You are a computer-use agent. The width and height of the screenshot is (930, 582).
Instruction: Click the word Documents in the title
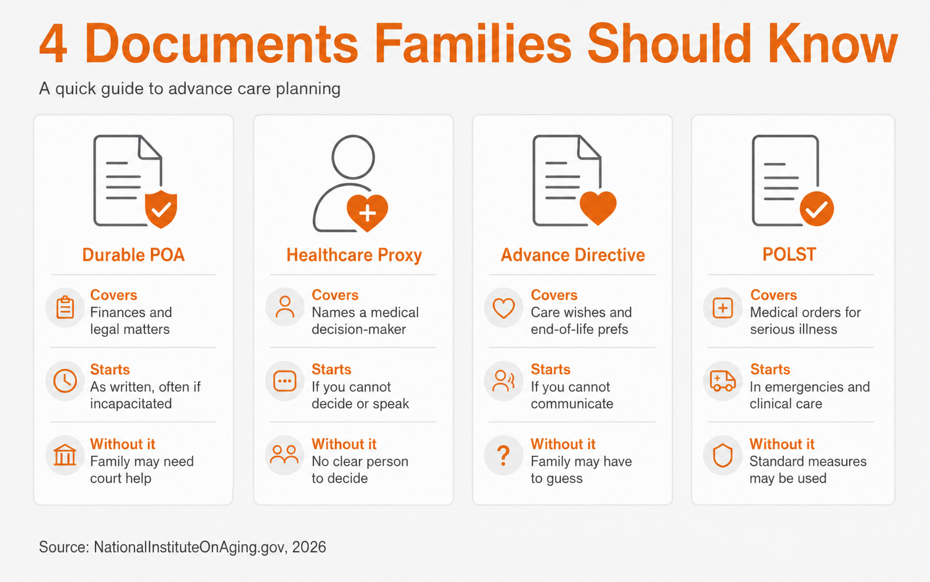(x=221, y=44)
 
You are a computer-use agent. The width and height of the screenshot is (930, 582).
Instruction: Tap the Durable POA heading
(x=133, y=255)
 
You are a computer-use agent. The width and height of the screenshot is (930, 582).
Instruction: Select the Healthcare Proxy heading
(x=354, y=255)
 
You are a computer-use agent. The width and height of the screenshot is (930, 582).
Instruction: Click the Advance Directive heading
(x=572, y=255)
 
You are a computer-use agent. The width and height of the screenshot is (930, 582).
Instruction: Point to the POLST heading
(x=789, y=254)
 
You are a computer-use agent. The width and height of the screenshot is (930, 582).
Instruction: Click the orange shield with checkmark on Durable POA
(x=161, y=209)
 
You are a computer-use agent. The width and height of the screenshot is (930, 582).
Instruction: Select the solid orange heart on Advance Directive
(x=598, y=208)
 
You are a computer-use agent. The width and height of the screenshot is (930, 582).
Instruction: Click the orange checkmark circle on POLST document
(x=817, y=208)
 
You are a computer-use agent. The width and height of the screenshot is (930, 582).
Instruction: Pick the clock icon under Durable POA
(x=65, y=381)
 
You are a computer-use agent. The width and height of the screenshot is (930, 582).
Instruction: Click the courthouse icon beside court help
(x=65, y=455)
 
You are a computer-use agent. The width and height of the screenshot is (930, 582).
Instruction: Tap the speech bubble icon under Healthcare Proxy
(x=285, y=381)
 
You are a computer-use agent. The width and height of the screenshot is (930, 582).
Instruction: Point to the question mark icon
(x=503, y=455)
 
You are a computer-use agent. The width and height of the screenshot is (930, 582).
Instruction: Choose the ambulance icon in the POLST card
(x=722, y=381)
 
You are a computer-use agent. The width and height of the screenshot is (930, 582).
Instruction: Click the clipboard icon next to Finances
(x=65, y=307)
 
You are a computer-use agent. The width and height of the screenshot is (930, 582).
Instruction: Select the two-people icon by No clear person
(x=284, y=455)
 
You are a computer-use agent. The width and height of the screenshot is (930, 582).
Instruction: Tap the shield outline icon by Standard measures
(x=722, y=456)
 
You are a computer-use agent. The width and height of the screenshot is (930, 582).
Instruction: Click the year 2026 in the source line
(x=309, y=547)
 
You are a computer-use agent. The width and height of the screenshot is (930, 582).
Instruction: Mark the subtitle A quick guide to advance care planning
(x=190, y=89)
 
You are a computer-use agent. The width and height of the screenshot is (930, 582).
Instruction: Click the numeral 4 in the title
(x=53, y=44)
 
